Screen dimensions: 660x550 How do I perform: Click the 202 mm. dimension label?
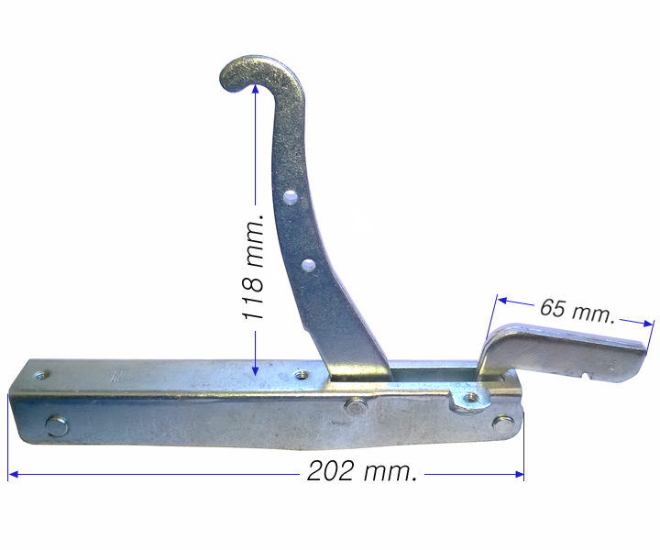362,471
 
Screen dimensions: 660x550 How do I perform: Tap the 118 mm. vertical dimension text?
253,267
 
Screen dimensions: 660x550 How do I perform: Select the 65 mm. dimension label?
577,311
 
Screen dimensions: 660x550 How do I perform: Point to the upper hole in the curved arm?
291,196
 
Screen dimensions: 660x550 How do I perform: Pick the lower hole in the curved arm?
309,265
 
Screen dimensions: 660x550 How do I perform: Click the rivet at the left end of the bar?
56,425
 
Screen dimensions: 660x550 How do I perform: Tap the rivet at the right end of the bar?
503,423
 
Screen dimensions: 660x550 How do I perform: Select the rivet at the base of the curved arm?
355,406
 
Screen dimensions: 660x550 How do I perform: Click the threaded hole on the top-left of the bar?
42,374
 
